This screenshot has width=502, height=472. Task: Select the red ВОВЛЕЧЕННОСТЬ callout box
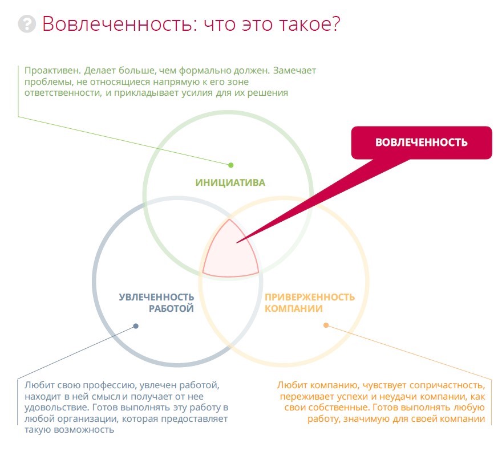pos(421,143)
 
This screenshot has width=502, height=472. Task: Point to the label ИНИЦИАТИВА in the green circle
pos(230,183)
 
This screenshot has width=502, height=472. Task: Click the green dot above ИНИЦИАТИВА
pos(231,165)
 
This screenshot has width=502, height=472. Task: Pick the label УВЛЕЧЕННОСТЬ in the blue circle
pos(156,298)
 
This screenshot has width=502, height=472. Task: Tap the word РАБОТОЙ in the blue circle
pos(171,309)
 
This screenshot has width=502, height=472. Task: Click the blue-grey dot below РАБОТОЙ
pos(136,326)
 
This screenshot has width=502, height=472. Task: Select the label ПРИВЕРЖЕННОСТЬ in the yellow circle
pos(310,298)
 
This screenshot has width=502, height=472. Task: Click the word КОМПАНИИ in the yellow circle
pos(294,309)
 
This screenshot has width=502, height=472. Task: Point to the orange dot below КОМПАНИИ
pos(326,325)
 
